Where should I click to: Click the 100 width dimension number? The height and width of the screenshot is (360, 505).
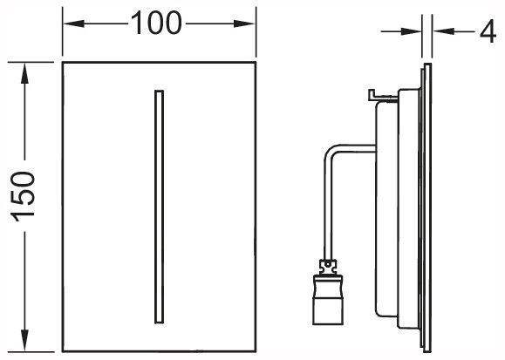(156, 23)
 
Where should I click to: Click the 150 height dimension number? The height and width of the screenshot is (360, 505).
(24, 197)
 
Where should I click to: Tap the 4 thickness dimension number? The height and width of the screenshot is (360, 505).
(488, 31)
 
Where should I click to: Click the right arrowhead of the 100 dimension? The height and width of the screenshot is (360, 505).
(244, 24)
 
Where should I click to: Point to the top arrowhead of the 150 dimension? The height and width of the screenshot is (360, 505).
(24, 73)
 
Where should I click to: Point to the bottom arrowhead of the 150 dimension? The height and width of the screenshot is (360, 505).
(24, 340)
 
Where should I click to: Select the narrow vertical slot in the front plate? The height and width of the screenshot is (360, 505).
(159, 207)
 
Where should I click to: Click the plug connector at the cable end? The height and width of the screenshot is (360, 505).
(328, 292)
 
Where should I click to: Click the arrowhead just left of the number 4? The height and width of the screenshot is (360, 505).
(443, 31)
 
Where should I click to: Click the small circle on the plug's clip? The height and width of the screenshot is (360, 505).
(328, 265)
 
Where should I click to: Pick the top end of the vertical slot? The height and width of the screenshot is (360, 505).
(159, 91)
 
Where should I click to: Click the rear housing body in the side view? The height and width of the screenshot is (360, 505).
(398, 206)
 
